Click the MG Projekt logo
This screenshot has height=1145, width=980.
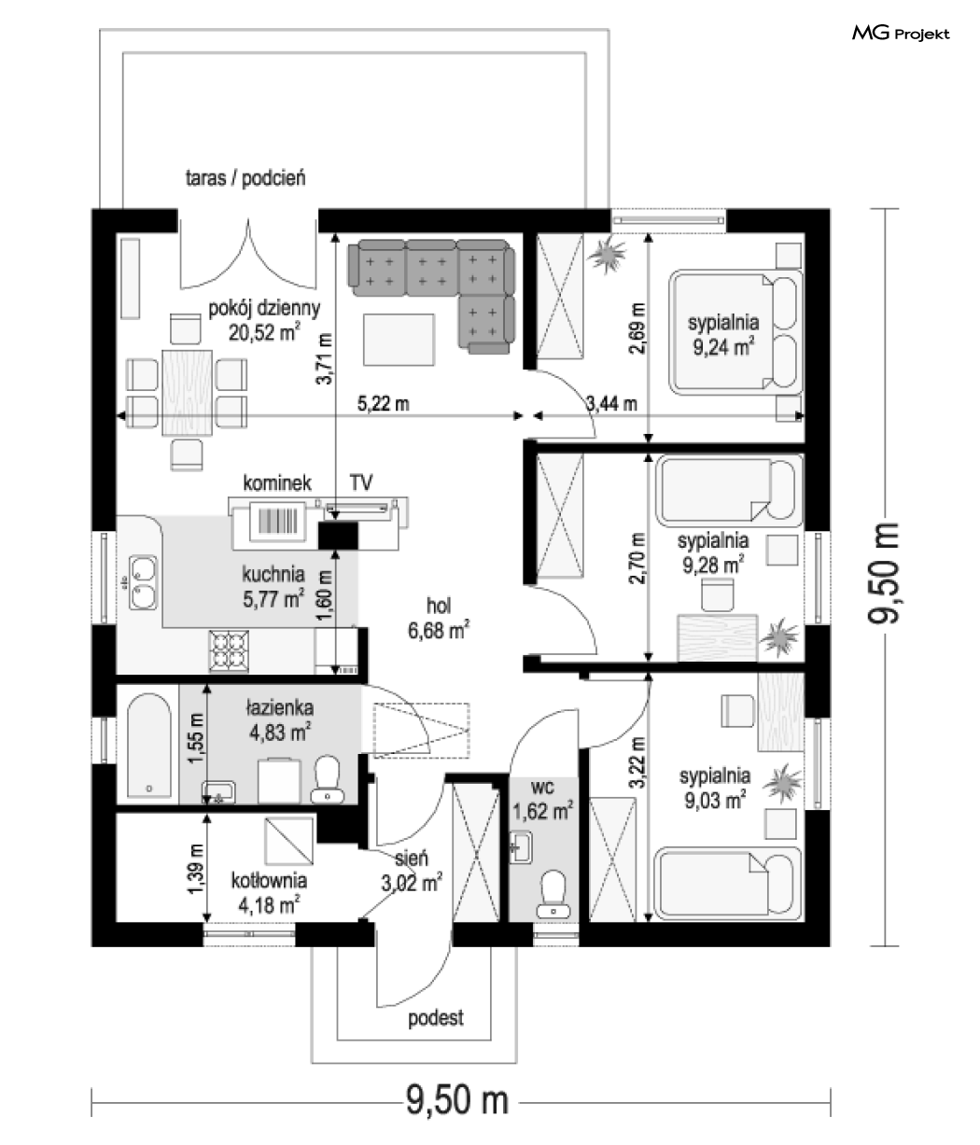tap(901, 34)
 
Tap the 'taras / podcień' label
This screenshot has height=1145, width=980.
tap(245, 178)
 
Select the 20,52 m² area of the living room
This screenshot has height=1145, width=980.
tap(264, 332)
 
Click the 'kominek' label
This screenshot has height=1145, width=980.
tap(277, 483)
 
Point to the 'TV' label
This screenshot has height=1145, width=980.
tap(360, 482)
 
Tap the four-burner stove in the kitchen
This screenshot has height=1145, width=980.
tap(229, 650)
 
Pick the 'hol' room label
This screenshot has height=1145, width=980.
tap(439, 606)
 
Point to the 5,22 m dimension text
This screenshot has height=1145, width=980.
tap(383, 403)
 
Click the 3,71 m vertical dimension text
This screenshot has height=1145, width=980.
tap(324, 358)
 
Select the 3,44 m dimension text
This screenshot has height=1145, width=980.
tap(611, 403)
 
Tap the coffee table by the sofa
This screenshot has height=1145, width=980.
tap(399, 340)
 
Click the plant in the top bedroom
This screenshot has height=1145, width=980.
tap(608, 254)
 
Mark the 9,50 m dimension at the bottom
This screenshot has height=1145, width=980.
tap(457, 1099)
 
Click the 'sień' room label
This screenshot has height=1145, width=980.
tap(411, 859)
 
